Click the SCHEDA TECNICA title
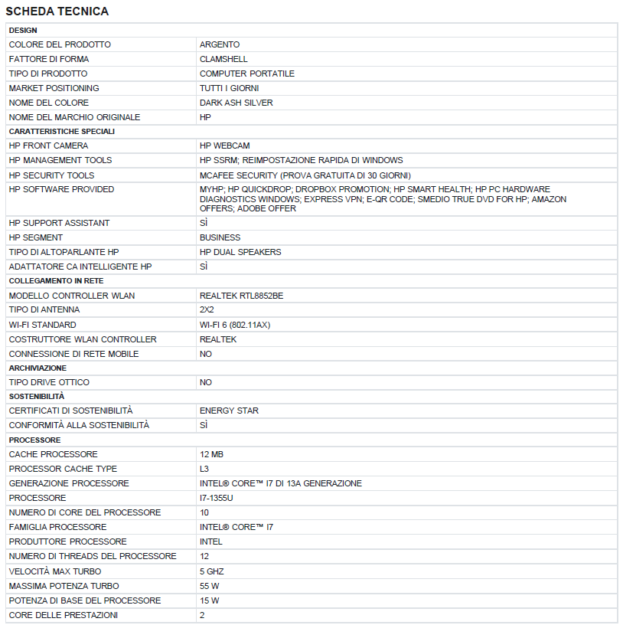tap(57, 11)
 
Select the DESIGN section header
tap(23, 30)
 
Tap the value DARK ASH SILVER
tap(236, 103)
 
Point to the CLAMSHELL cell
tap(223, 59)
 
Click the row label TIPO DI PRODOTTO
tap(48, 74)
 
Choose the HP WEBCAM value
tap(224, 146)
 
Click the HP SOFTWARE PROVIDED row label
tap(61, 189)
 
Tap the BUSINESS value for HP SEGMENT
tap(220, 237)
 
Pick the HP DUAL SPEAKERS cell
tap(240, 252)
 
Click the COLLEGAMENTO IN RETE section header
tap(56, 281)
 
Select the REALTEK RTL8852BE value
tap(246, 296)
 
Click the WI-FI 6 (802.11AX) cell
tap(234, 325)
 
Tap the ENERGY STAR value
tap(229, 411)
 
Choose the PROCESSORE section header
tap(34, 440)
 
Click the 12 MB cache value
tap(211, 454)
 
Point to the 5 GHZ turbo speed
tap(211, 571)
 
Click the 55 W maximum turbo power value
tap(210, 586)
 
